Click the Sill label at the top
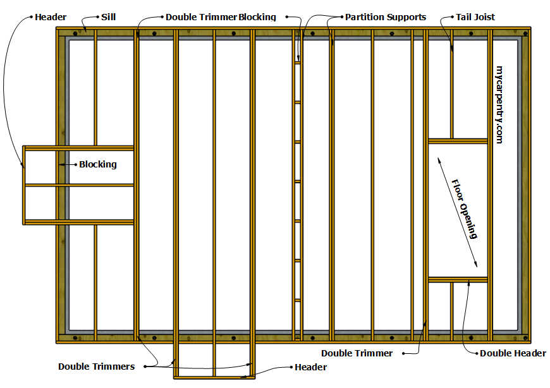[108, 17]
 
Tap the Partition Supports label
[385, 17]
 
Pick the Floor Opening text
[465, 209]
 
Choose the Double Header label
[513, 353]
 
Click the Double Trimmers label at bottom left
[96, 366]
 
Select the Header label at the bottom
[310, 367]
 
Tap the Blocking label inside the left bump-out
[97, 164]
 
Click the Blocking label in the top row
[257, 17]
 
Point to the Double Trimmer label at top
[201, 17]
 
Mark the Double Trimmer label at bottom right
[357, 353]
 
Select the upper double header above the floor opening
[458, 141]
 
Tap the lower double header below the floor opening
[458, 279]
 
